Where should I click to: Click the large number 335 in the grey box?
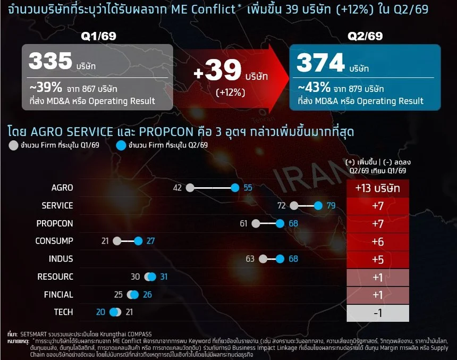50,61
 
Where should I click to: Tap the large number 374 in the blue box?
320,63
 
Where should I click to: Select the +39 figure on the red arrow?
217,70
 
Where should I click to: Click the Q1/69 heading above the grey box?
98,36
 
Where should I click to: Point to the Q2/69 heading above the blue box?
365,36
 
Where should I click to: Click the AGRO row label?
62,188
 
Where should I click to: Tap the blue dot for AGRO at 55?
235,188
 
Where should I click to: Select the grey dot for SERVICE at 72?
294,206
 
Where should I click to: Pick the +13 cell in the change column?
378,188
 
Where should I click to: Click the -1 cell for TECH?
378,313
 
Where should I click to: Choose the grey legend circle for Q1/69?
13,145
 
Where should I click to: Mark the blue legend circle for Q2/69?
121,145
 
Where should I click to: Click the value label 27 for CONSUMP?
150,241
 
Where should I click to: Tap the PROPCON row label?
55,223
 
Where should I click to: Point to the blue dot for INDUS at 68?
280,259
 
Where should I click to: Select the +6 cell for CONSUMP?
378,242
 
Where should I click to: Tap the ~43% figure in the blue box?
314,87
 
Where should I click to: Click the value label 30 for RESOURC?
135,277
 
